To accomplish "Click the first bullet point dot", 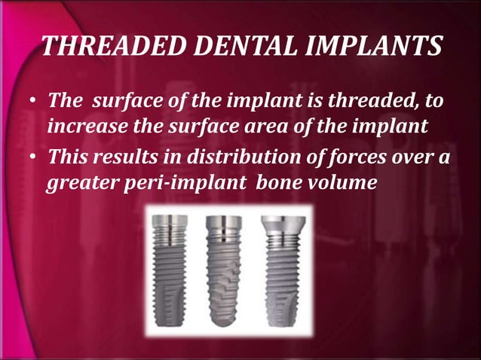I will tap(32, 102).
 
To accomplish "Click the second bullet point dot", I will tap(32, 157).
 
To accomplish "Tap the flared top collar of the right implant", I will tap(282, 223).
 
